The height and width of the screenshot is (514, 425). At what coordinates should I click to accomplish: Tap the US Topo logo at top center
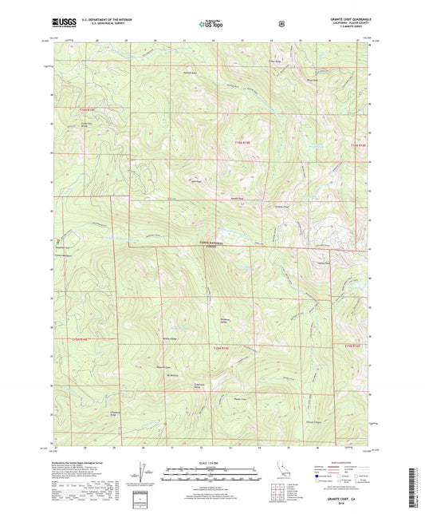(x=212, y=24)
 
